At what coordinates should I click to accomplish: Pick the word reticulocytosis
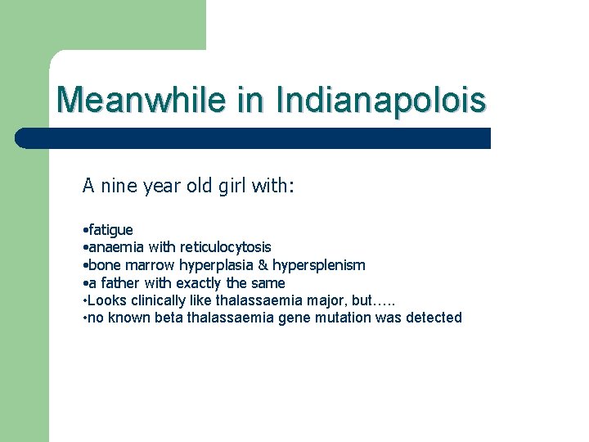(226, 247)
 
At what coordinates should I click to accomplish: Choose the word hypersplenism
(319, 265)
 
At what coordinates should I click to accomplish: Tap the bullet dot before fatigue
(85, 231)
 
